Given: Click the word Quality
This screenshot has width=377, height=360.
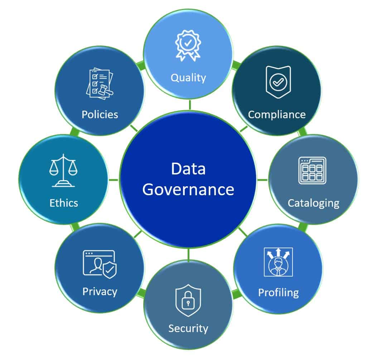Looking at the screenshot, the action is pyautogui.click(x=188, y=78).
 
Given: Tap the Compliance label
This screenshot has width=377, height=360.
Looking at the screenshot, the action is pyautogui.click(x=277, y=115).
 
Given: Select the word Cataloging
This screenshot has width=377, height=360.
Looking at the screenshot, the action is pyautogui.click(x=314, y=203).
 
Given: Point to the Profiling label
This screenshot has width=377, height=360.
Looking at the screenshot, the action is pyautogui.click(x=279, y=293).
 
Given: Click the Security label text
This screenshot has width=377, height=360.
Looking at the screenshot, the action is pyautogui.click(x=188, y=328).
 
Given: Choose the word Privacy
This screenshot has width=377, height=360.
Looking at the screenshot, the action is pyautogui.click(x=100, y=292).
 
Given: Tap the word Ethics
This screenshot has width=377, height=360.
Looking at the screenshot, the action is pyautogui.click(x=64, y=203).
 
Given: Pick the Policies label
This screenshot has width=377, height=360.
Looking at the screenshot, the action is pyautogui.click(x=100, y=115).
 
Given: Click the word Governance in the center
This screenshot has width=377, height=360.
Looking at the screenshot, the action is pyautogui.click(x=188, y=190).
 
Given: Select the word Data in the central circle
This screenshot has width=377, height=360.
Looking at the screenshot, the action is pyautogui.click(x=188, y=169).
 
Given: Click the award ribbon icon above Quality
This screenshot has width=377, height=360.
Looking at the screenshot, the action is pyautogui.click(x=188, y=45).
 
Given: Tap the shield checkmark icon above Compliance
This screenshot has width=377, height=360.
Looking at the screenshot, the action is pyautogui.click(x=278, y=82).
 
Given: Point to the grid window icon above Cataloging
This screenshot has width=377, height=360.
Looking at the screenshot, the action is pyautogui.click(x=312, y=171).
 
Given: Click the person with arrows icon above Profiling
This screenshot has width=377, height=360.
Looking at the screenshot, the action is pyautogui.click(x=278, y=262).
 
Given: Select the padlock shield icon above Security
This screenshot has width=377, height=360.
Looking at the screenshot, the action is pyautogui.click(x=188, y=301).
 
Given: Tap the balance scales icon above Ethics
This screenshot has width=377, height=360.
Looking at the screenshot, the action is pyautogui.click(x=63, y=171).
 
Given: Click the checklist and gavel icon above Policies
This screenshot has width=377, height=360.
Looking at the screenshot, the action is pyautogui.click(x=100, y=84).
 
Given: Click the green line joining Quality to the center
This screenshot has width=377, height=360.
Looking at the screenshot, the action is pyautogui.click(x=190, y=105).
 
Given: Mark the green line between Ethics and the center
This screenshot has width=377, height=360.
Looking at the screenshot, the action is pyautogui.click(x=113, y=180).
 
